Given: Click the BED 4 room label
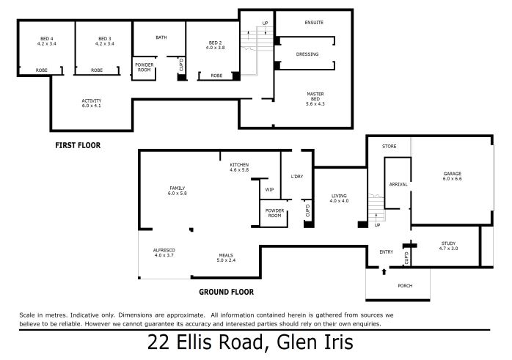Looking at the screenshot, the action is point(47,39).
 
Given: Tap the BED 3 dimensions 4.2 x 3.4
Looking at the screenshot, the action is point(104,44).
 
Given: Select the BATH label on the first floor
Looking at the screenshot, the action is point(161,37).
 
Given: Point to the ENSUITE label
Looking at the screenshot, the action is point(314,23).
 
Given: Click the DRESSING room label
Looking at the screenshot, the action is point(307,54).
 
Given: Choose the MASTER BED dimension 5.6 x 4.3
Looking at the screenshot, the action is point(315,104).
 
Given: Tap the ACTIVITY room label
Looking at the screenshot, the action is point(92,100).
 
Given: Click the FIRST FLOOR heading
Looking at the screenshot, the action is point(78,146).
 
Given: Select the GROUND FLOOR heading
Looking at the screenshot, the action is point(226,292).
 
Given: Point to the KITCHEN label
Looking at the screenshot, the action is point(239,165).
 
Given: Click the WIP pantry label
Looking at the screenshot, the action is point(269,190).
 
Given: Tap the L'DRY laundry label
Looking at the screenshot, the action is point(297,177).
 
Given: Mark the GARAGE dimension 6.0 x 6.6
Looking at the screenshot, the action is point(453,178).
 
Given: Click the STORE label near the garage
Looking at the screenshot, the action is point(390,146).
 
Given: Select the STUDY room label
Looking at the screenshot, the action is point(448,243).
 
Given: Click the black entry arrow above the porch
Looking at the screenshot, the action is point(384,271).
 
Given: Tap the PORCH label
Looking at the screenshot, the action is point(405,286).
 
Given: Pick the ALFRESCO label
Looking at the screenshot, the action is point(164,250).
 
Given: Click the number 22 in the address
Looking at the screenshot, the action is point(158,342).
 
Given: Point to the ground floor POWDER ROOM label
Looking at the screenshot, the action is point(274,213).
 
